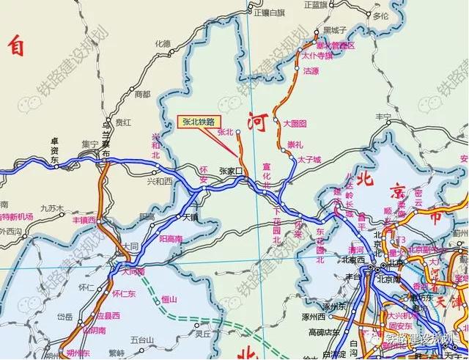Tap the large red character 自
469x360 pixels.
[16, 47]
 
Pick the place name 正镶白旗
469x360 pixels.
[267, 13]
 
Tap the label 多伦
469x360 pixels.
[380, 15]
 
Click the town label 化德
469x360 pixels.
[163, 43]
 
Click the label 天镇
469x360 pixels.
[191, 217]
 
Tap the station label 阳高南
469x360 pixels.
[171, 239]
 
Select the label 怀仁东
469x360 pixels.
[124, 293]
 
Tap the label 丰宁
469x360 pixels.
[384, 117]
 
